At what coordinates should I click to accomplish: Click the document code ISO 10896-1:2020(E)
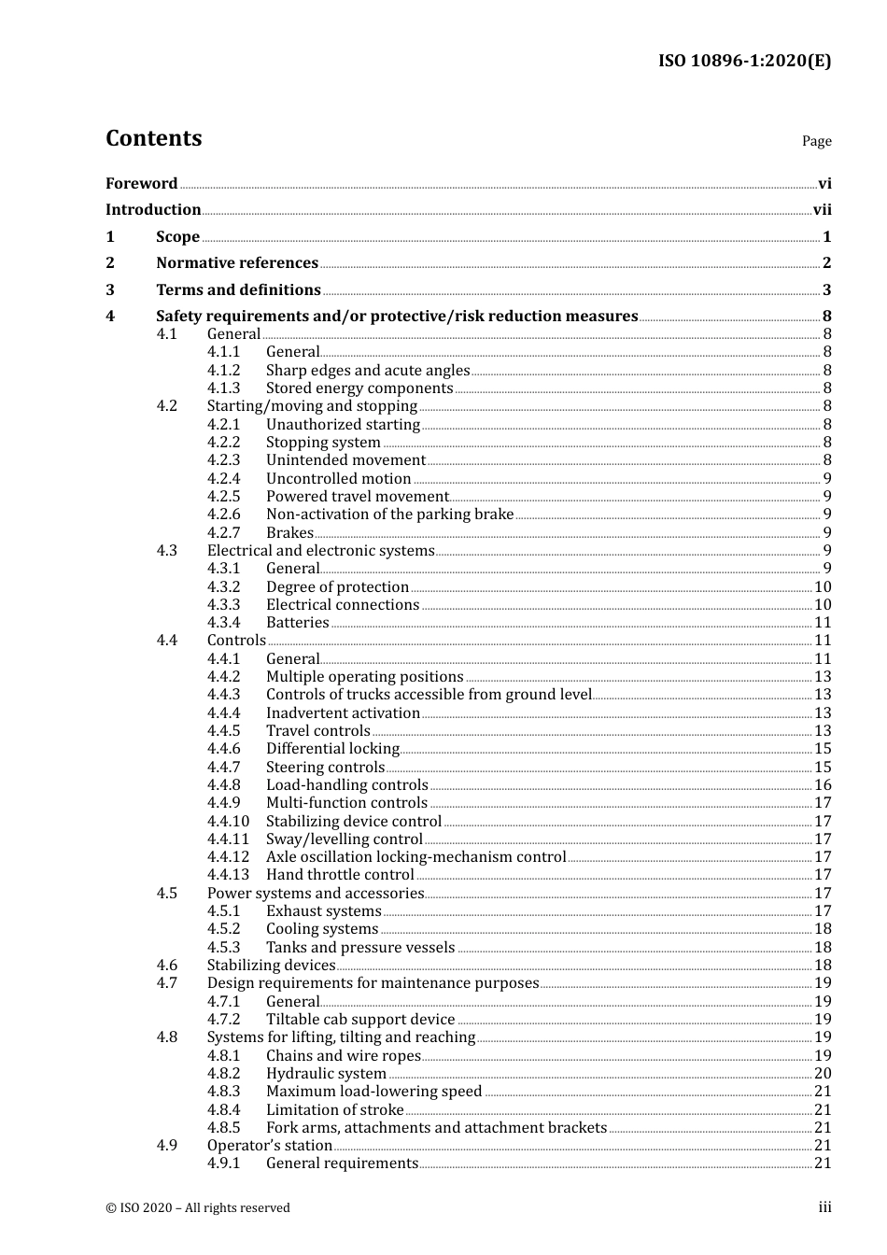click(744, 61)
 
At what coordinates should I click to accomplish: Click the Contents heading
click(153, 138)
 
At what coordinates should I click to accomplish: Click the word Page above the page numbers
click(816, 141)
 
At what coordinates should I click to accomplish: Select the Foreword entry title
click(141, 184)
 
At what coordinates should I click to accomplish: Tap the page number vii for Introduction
click(822, 210)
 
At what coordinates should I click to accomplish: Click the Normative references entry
click(237, 263)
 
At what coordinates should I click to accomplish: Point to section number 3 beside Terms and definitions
click(110, 290)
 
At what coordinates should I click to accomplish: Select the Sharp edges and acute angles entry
click(368, 371)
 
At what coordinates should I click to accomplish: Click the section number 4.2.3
click(223, 460)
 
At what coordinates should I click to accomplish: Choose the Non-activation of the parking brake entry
click(389, 515)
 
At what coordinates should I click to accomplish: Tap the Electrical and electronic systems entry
click(320, 551)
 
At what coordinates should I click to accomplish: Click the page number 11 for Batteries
click(823, 623)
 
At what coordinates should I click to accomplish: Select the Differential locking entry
click(332, 749)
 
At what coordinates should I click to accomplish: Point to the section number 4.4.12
click(228, 857)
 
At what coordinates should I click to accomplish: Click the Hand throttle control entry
click(340, 875)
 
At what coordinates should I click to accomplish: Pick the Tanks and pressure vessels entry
click(360, 948)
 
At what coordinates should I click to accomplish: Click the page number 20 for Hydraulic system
click(823, 1074)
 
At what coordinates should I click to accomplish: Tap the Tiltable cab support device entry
click(360, 1020)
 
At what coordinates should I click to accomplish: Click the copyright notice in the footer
click(198, 1207)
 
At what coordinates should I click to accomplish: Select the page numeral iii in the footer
click(824, 1207)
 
